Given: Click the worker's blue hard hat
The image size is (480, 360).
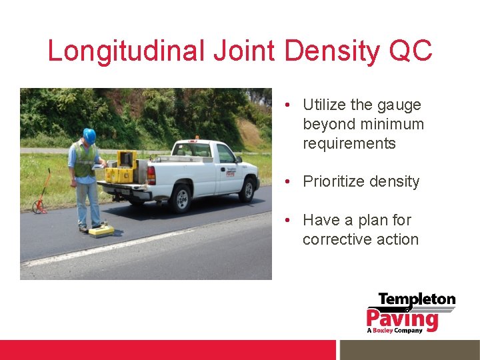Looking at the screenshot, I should (x=89, y=135).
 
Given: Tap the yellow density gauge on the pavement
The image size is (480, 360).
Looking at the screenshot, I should (x=101, y=231).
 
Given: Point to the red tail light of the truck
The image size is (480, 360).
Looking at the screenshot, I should (x=151, y=175).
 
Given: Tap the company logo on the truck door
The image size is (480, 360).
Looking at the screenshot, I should (x=230, y=173).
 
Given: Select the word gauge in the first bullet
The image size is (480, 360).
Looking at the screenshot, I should (x=399, y=105).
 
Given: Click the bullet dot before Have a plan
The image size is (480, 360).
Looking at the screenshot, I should (x=285, y=220).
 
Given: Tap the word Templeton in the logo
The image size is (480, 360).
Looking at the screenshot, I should (x=417, y=300).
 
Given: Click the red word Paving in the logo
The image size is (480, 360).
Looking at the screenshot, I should (x=402, y=318).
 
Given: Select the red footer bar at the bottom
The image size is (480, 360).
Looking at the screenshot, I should (x=167, y=350).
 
